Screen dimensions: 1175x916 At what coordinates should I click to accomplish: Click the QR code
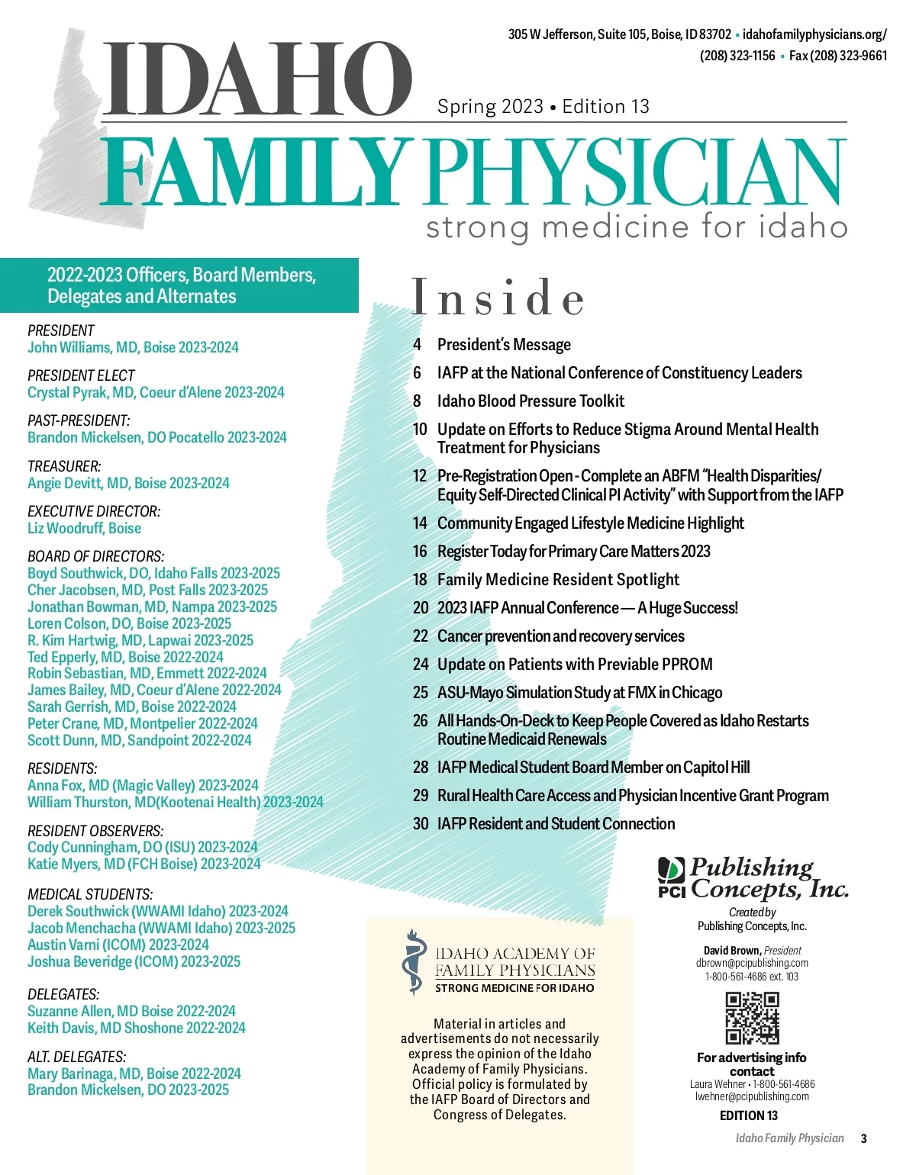click(752, 1018)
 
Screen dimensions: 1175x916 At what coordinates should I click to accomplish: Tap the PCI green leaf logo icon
click(672, 871)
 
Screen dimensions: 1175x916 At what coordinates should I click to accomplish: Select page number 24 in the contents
click(421, 665)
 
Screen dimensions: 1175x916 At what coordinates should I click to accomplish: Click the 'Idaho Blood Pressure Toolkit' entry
click(531, 401)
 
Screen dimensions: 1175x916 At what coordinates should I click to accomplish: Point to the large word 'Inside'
click(498, 298)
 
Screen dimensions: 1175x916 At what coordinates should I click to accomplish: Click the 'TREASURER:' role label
click(64, 466)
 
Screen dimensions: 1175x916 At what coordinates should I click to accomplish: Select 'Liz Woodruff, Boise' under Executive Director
click(84, 528)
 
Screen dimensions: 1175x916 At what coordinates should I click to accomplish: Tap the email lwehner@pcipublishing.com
click(752, 1096)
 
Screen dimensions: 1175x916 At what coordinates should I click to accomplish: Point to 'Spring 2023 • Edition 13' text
click(543, 107)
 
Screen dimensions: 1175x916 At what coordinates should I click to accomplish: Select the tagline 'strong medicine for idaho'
click(637, 227)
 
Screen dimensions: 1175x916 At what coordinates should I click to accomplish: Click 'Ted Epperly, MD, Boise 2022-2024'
click(125, 657)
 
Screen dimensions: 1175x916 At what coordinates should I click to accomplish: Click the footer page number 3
click(863, 1138)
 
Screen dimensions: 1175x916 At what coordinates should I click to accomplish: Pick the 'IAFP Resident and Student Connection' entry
click(556, 824)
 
